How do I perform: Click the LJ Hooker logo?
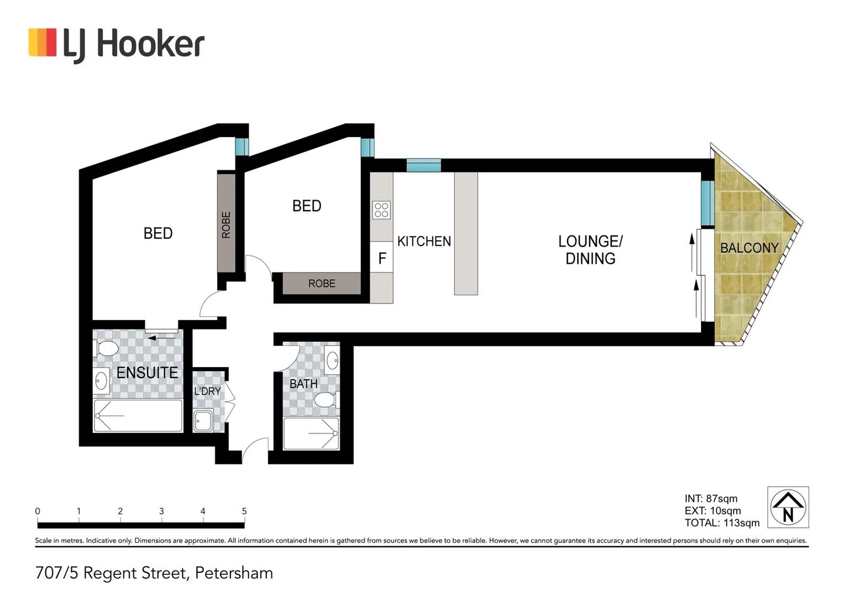[116, 44]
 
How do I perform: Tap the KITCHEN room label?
[424, 242]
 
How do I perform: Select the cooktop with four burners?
[381, 210]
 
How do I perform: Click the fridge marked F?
[381, 258]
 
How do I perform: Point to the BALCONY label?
[749, 248]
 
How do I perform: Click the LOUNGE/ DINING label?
[590, 250]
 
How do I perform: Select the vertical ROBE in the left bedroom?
[226, 223]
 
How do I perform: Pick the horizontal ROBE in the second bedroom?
[322, 284]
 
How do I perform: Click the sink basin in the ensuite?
[101, 381]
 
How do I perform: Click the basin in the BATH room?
[332, 360]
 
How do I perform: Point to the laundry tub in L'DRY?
[203, 421]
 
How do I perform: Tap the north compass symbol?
[788, 507]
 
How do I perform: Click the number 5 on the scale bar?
[244, 511]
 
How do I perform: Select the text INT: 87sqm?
[711, 499]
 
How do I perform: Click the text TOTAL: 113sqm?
[722, 523]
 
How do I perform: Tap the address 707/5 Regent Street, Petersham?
[154, 573]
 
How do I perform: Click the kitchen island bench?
[466, 233]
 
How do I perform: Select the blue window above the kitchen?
[424, 165]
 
